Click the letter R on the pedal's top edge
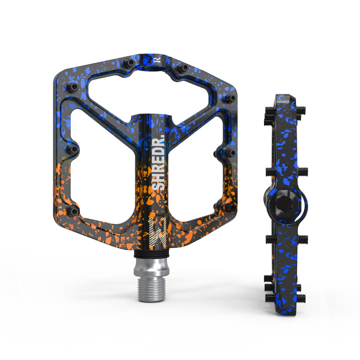(157, 60)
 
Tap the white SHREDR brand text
(158, 164)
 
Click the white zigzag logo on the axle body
(158, 232)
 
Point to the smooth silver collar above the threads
(152, 267)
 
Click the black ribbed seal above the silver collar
(152, 254)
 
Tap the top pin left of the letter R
(129, 63)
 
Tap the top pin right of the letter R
(183, 68)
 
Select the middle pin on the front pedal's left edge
(73, 149)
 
